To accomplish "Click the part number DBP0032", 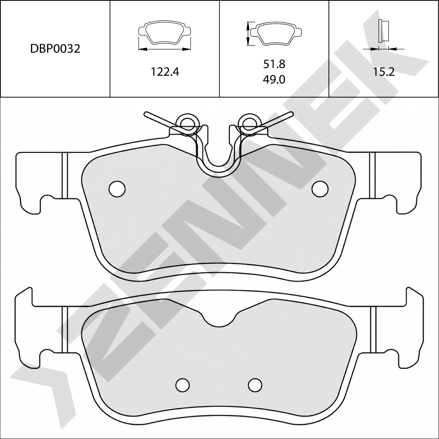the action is (x=55, y=49).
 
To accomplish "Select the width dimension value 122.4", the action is (x=165, y=72).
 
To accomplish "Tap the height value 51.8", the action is (x=274, y=64).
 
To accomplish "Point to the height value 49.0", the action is (x=274, y=80).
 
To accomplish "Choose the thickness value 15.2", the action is (x=383, y=72).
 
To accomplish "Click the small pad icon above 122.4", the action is (x=165, y=33).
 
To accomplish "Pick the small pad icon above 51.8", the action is (x=276, y=33).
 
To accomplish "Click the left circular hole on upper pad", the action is (x=117, y=189).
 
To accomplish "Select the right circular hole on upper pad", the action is (x=320, y=189).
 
